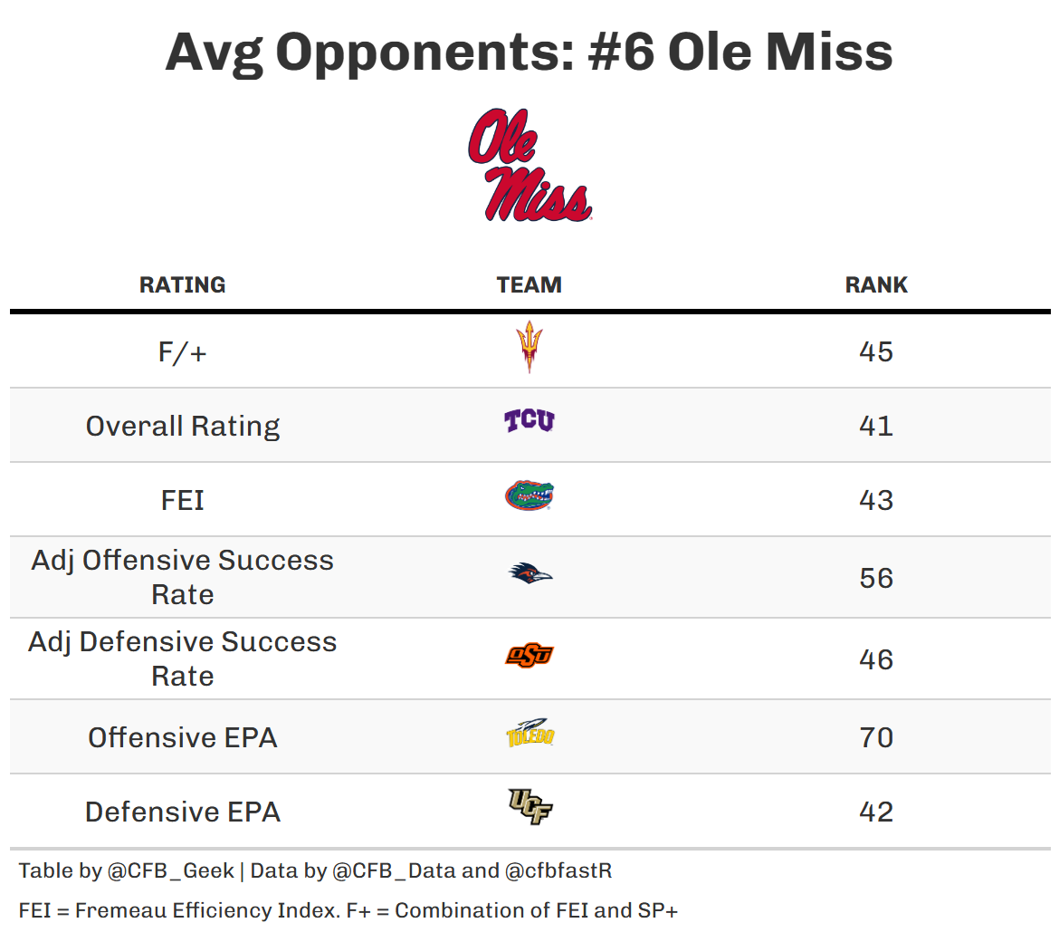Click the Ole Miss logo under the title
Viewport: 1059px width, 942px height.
(x=529, y=166)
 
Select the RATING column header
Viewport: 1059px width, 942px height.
(x=182, y=284)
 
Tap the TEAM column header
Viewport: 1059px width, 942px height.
(x=529, y=284)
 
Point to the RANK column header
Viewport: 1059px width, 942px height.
(x=876, y=284)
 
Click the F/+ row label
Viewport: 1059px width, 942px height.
(x=182, y=351)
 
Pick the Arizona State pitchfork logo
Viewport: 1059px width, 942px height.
(x=529, y=347)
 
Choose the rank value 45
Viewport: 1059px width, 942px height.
(x=876, y=351)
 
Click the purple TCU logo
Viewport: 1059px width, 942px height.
(x=529, y=421)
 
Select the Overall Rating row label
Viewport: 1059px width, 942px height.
(x=183, y=426)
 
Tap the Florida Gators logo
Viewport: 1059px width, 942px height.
(x=529, y=496)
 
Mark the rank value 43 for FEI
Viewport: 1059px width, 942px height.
(x=876, y=500)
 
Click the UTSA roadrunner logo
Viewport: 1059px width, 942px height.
(x=529, y=573)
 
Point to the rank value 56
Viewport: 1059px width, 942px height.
(x=876, y=578)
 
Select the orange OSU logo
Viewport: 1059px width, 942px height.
(x=529, y=655)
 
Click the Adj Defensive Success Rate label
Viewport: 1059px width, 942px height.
(x=183, y=658)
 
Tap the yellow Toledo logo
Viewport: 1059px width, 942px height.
(x=529, y=733)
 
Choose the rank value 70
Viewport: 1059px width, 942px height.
(x=876, y=737)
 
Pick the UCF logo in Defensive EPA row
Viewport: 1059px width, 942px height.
(x=529, y=807)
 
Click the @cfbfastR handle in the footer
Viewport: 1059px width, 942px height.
(x=558, y=871)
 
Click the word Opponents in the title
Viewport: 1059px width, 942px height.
(x=425, y=52)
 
